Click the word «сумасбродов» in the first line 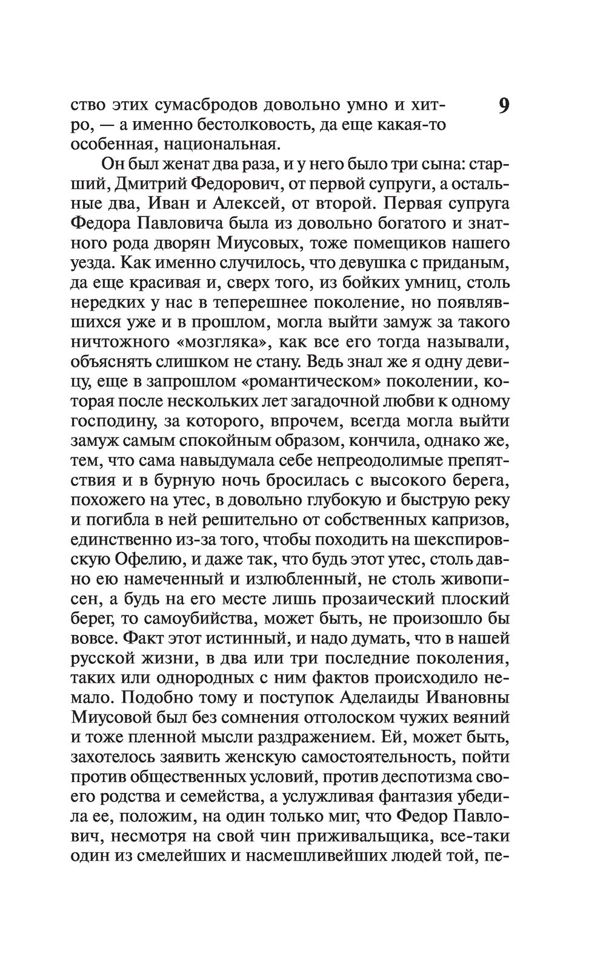coord(204,106)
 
